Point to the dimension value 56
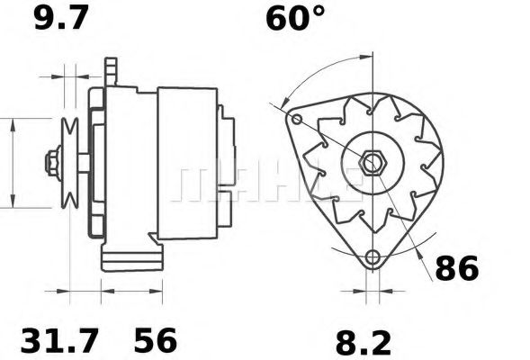(x=156, y=341)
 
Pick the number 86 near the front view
(x=456, y=268)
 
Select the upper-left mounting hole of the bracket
(x=296, y=119)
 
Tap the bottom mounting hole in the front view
(x=373, y=259)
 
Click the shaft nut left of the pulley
(x=50, y=164)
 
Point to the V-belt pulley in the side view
(x=68, y=164)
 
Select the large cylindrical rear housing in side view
(x=187, y=164)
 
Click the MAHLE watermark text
(x=270, y=183)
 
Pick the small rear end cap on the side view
(x=229, y=164)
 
